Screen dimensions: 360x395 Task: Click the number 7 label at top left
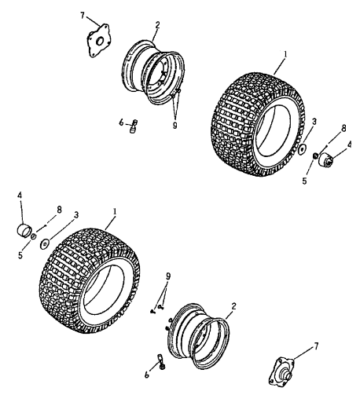click(x=83, y=16)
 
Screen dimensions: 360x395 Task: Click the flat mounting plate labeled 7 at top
click(x=98, y=41)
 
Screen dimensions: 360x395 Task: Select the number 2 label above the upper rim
click(x=157, y=24)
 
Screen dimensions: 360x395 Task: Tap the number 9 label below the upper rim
click(x=174, y=125)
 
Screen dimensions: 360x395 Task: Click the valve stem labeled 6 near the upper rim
click(x=134, y=126)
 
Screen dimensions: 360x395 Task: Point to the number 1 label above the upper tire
click(x=285, y=54)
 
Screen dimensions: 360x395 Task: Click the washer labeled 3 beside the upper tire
click(x=303, y=149)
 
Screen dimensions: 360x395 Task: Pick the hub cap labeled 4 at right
click(x=325, y=159)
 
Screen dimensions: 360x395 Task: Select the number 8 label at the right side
click(x=343, y=128)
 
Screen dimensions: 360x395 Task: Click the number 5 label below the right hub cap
click(x=304, y=181)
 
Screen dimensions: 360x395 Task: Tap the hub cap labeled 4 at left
click(x=24, y=229)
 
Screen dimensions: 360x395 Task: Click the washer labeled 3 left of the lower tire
click(x=44, y=244)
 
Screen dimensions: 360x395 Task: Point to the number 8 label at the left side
click(x=59, y=210)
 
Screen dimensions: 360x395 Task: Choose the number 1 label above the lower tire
click(x=115, y=211)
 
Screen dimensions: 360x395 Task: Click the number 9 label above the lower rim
click(x=168, y=276)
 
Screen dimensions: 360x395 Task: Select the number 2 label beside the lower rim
click(x=233, y=306)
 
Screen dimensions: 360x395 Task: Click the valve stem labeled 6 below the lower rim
click(x=160, y=361)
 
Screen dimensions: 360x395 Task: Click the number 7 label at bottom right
click(x=316, y=346)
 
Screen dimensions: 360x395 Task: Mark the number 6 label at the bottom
click(x=147, y=375)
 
